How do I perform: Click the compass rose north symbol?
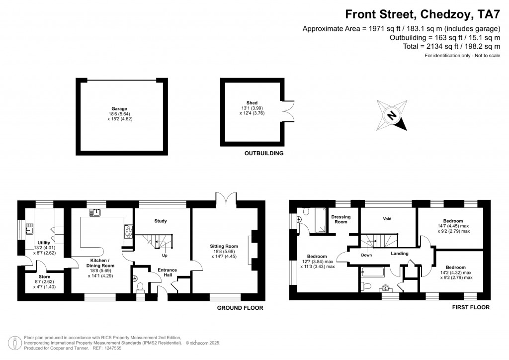tap(392, 115)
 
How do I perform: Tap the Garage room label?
tap(119, 109)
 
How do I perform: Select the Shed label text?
tap(252, 103)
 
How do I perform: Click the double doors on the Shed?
tap(289, 111)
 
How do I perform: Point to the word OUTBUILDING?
tap(264, 153)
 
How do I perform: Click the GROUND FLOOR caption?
tap(240, 308)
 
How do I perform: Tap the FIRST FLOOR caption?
tap(471, 307)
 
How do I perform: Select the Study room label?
tap(161, 221)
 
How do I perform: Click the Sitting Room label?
tap(224, 247)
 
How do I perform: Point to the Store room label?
tap(44, 277)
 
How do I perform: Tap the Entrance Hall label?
tap(167, 272)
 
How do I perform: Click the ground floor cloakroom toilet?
tap(140, 287)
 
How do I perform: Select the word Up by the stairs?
tap(165, 256)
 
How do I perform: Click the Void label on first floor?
tap(387, 219)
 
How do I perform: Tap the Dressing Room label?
tap(341, 219)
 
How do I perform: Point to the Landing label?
tap(400, 254)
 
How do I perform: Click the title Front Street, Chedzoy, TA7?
tap(423, 14)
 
